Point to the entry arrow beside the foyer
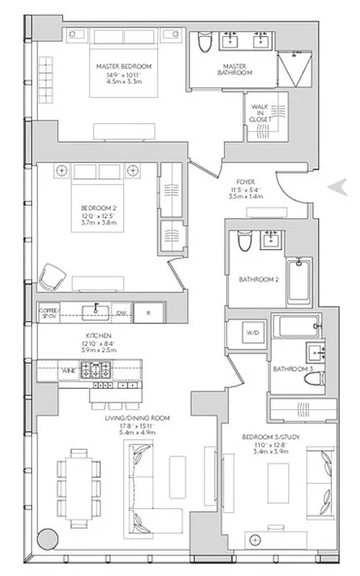336,186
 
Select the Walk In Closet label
260,113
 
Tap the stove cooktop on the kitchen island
94,370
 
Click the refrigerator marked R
148,312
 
